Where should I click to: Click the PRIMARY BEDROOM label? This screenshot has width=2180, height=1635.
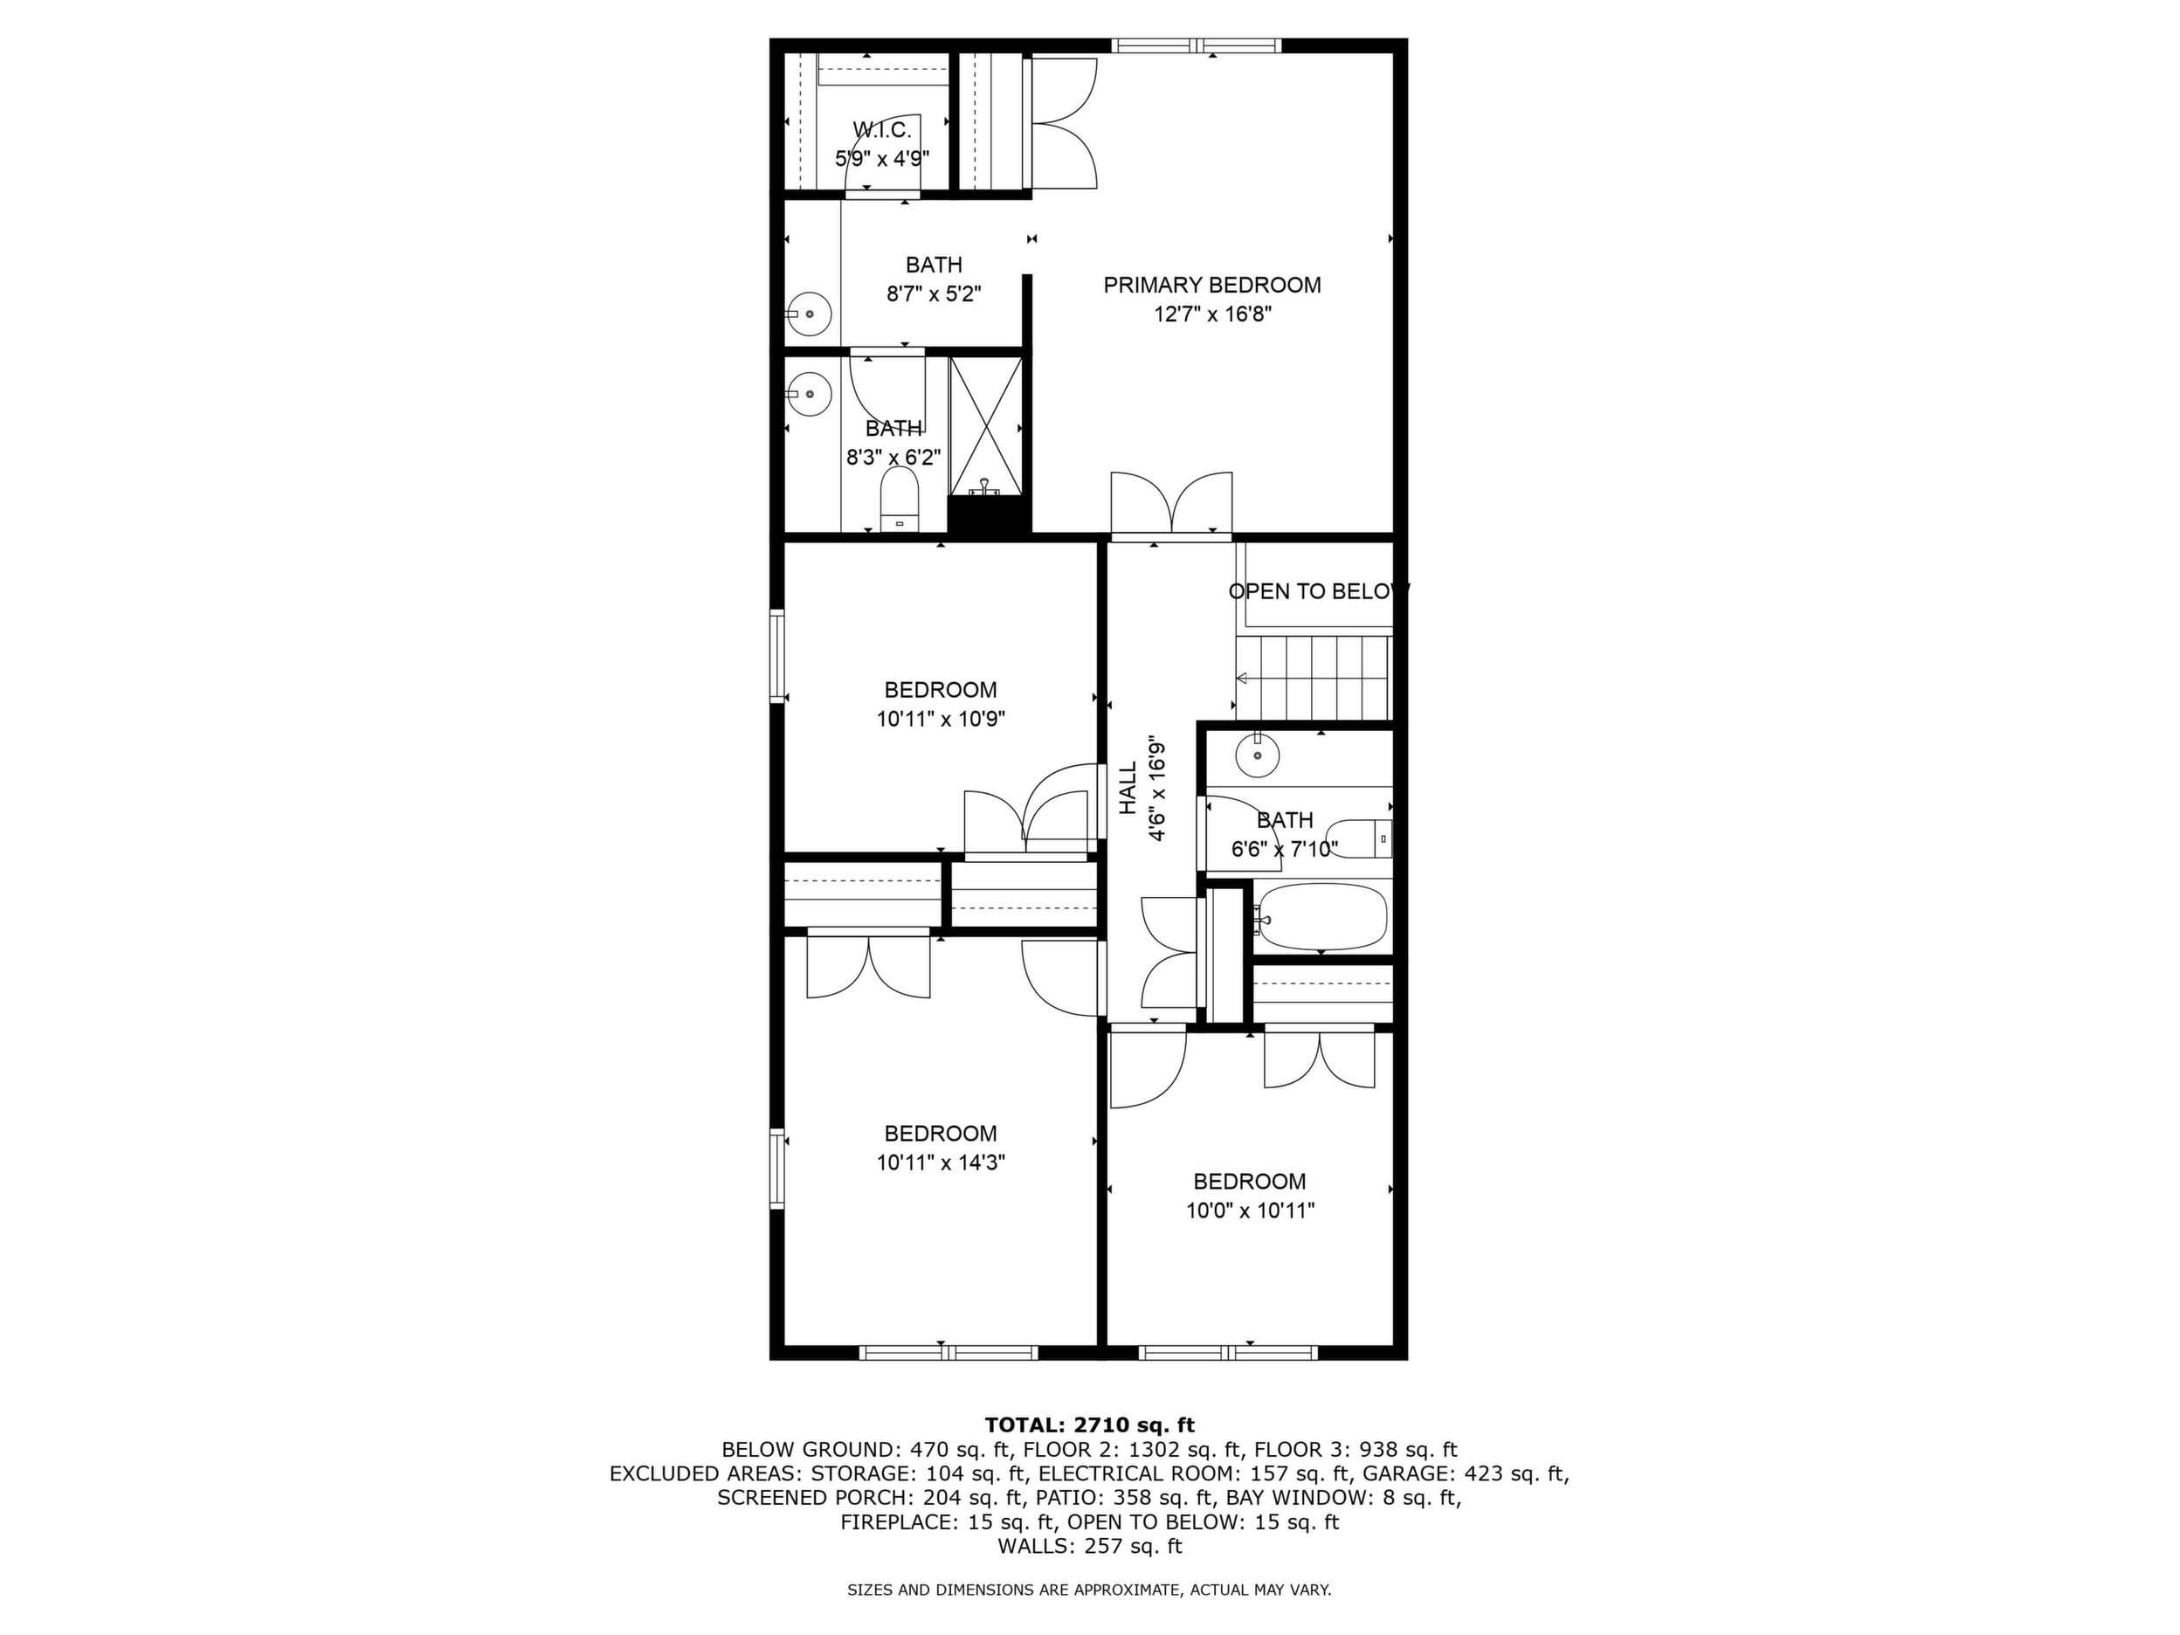(1211, 286)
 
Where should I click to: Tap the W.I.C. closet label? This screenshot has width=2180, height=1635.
(882, 129)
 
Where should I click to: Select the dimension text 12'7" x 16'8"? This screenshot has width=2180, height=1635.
(1211, 314)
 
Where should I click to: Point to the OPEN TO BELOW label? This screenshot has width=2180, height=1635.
(1319, 591)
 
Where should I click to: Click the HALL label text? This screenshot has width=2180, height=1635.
(1128, 789)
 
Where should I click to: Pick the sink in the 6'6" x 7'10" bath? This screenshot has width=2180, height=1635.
(1257, 755)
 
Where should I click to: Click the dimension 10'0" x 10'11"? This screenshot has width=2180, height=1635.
(1250, 1211)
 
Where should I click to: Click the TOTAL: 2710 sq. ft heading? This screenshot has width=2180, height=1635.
(1089, 1425)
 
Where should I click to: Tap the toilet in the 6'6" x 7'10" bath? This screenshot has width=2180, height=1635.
(1359, 838)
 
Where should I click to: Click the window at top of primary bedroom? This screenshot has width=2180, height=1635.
(1197, 45)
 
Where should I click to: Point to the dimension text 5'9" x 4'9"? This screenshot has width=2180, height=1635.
(882, 158)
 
